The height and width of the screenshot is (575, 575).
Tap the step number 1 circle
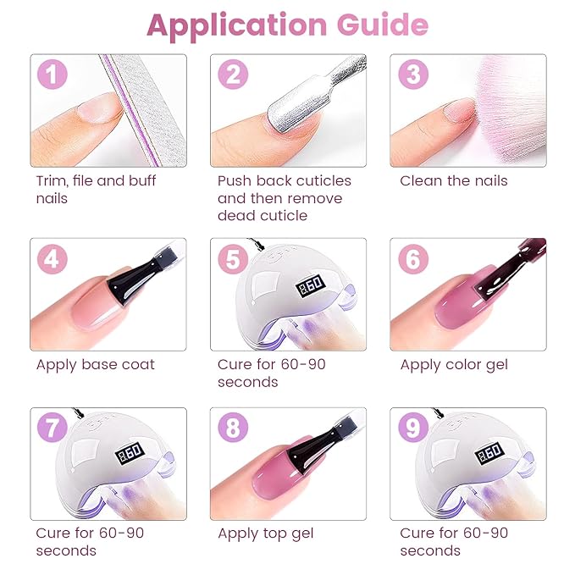pyautogui.click(x=53, y=75)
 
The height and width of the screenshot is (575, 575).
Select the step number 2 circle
pyautogui.click(x=233, y=75)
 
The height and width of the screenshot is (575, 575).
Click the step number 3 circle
pyautogui.click(x=413, y=75)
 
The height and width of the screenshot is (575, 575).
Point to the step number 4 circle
pyautogui.click(x=53, y=259)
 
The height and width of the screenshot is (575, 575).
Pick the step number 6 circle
pyautogui.click(x=413, y=259)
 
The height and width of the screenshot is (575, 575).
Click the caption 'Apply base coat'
pyautogui.click(x=95, y=365)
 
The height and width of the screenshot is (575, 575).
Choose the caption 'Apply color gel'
pyautogui.click(x=455, y=365)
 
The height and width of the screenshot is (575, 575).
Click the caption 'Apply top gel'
pyautogui.click(x=265, y=534)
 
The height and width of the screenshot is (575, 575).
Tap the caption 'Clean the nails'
pyautogui.click(x=453, y=181)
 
